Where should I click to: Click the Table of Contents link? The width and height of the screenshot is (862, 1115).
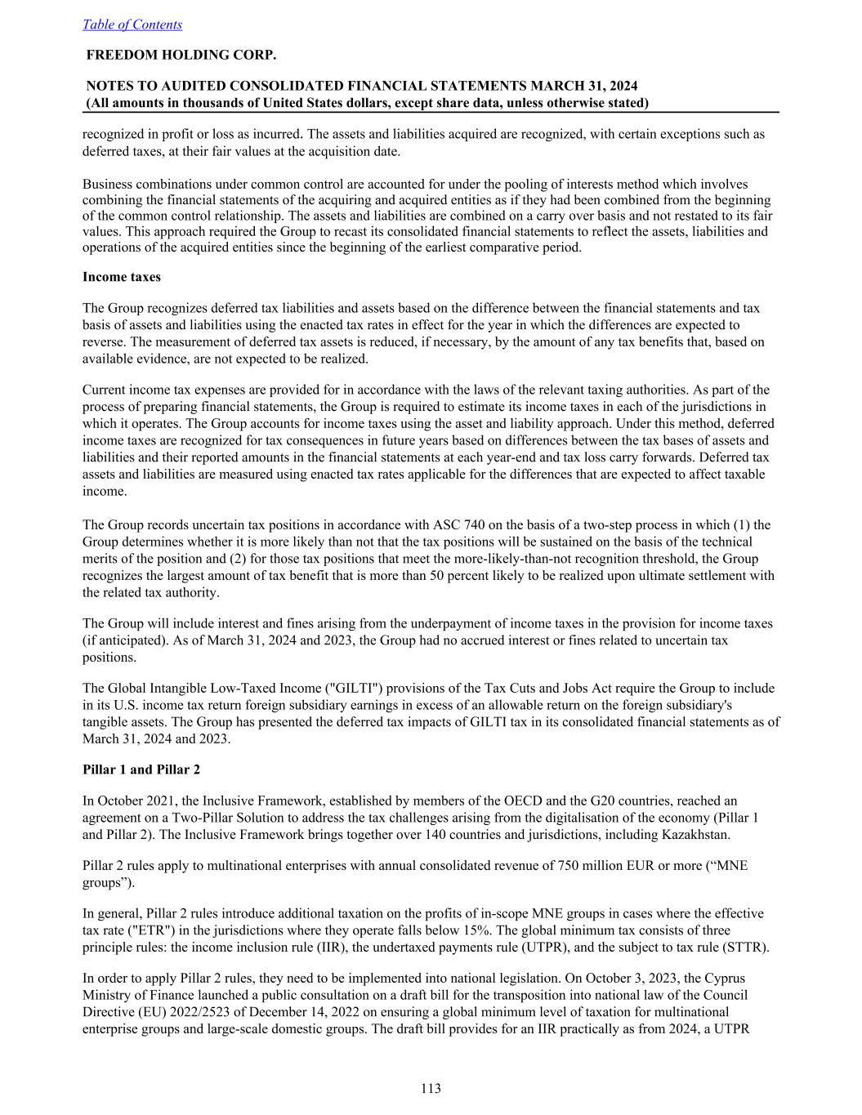pyautogui.click(x=132, y=25)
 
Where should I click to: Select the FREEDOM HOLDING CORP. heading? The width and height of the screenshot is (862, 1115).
pyautogui.click(x=181, y=55)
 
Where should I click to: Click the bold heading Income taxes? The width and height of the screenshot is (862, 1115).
pyautogui.click(x=122, y=277)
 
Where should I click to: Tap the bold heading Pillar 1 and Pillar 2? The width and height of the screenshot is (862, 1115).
pyautogui.click(x=141, y=769)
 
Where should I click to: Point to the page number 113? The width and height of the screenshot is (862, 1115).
pyautogui.click(x=431, y=1088)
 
